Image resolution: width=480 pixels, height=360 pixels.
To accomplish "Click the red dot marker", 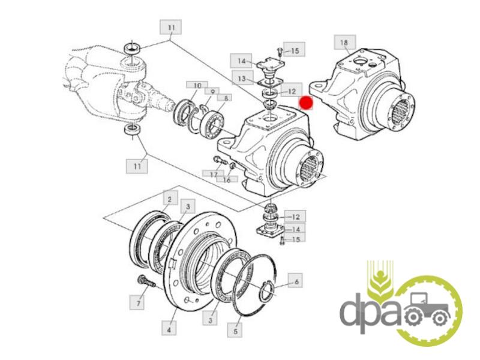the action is [306, 103].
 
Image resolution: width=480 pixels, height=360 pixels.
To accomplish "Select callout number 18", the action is [344, 42].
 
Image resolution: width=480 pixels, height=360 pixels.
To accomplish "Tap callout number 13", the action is [242, 79].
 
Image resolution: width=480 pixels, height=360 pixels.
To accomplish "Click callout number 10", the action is [197, 85].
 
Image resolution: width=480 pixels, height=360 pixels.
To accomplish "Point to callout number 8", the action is [226, 98].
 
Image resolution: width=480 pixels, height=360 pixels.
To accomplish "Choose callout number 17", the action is [214, 174].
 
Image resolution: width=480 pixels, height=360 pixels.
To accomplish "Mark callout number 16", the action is [227, 179].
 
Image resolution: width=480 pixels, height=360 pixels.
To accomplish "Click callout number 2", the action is [170, 200].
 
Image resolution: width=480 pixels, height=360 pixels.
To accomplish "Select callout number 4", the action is [169, 329].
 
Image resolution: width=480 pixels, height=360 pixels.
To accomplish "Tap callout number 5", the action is [235, 331].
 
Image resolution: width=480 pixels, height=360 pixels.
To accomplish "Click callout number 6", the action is [296, 281].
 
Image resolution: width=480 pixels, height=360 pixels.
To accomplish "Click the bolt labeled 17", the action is [220, 161].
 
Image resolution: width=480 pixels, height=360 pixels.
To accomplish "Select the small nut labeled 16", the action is [232, 166].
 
